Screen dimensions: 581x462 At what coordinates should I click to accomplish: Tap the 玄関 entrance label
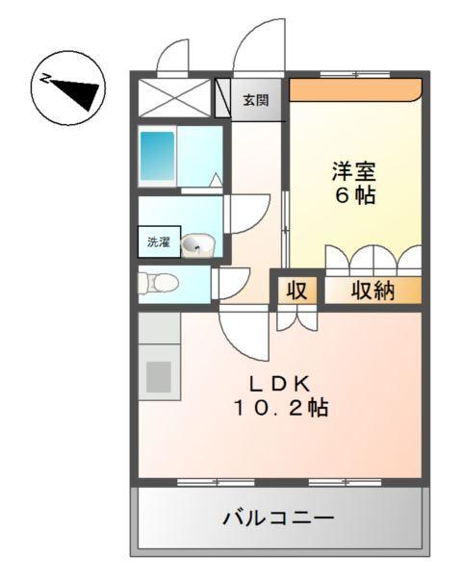pyautogui.click(x=255, y=99)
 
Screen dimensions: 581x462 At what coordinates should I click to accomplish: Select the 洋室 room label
pyautogui.click(x=353, y=173)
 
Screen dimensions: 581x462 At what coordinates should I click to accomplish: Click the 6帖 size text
pyautogui.click(x=353, y=196)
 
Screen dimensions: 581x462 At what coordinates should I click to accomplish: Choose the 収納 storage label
pyautogui.click(x=372, y=290)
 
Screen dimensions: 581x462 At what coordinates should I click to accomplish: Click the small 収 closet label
pyautogui.click(x=297, y=290)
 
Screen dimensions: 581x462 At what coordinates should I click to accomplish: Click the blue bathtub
pyautogui.click(x=157, y=158)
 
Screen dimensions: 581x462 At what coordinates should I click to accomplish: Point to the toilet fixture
pyautogui.click(x=159, y=283)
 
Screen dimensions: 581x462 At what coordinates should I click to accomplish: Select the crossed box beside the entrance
pyautogui.click(x=174, y=98)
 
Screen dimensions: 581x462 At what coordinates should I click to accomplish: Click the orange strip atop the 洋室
pyautogui.click(x=355, y=89)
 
